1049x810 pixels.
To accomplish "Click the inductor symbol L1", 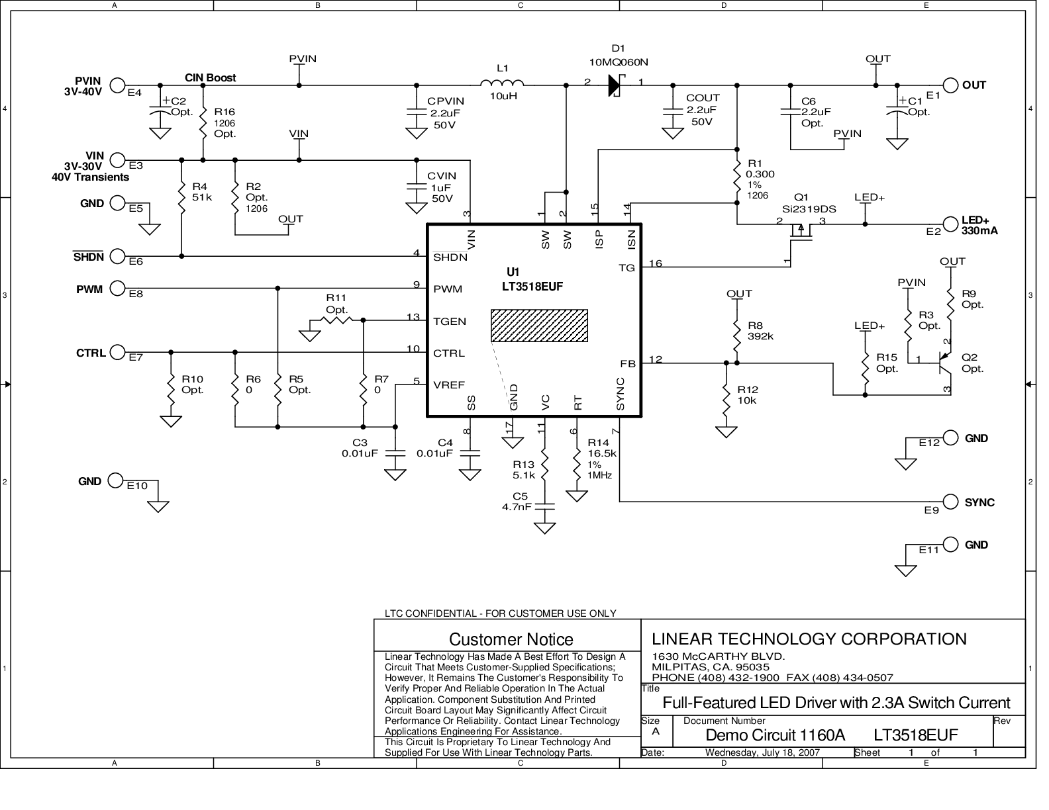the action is point(502,83).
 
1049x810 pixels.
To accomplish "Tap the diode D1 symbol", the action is point(615,85).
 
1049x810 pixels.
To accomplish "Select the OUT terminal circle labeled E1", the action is point(950,85).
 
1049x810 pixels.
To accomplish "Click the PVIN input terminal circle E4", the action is point(118,85).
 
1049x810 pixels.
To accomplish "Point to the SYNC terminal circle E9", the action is point(950,502).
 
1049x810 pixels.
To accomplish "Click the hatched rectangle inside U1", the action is point(539,326).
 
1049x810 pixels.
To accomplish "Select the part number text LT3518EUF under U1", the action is point(532,287).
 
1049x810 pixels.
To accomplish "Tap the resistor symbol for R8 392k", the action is point(736,331).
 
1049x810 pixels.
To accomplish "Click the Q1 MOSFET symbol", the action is point(801,234).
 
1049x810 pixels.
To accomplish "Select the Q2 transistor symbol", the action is point(944,363).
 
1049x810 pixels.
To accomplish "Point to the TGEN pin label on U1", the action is point(450,322).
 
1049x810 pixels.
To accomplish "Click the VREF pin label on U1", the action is point(449,385).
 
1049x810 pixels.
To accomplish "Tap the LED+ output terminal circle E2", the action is point(950,224).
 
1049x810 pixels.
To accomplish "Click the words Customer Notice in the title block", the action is point(511,639).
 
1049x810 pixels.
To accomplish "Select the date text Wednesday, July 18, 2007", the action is point(762,752).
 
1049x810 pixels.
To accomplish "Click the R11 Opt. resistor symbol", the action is point(336,320).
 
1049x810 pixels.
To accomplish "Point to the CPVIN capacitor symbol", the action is point(417,112).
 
